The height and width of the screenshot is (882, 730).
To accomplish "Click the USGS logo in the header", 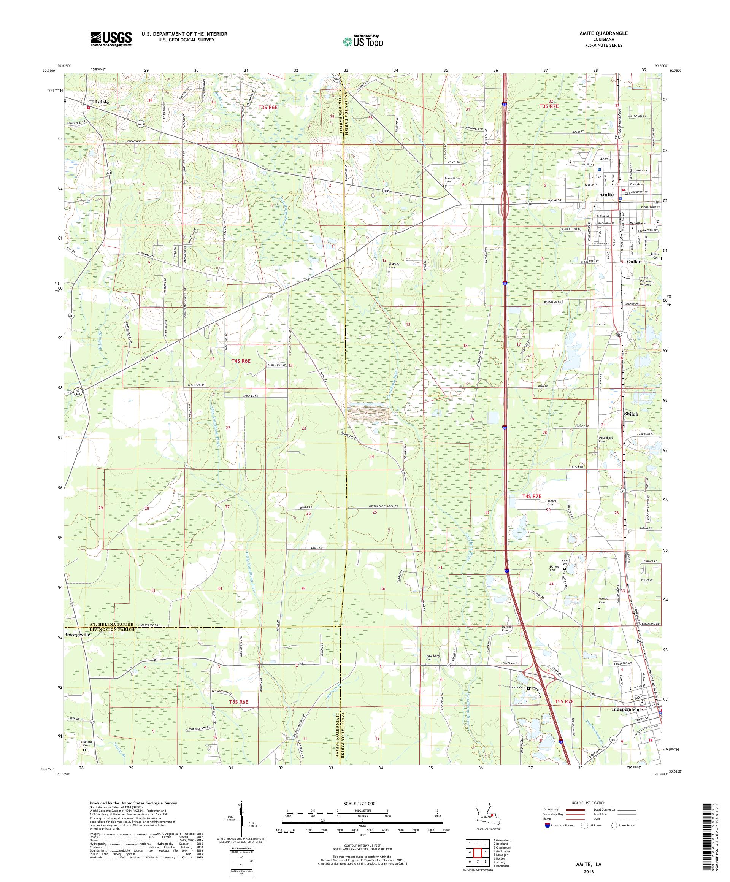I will tap(111, 40).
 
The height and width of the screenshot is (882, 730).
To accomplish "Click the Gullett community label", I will tap(634, 261).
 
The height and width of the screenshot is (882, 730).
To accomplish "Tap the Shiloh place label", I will tap(631, 414).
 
